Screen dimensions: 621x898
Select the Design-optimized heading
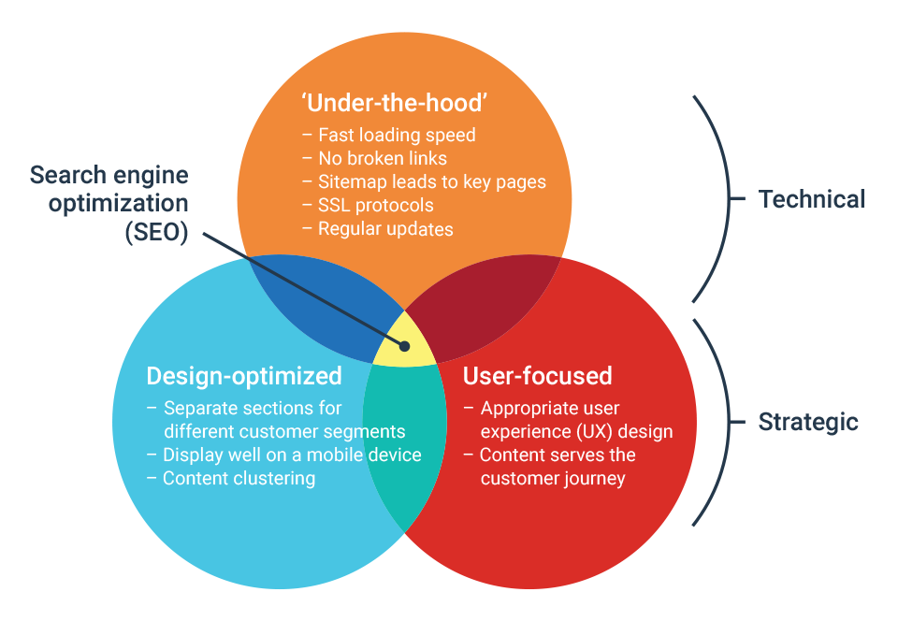coord(244,376)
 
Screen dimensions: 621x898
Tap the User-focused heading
coord(538,376)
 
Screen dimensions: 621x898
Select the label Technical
coord(811,199)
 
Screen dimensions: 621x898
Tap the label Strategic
coord(807,422)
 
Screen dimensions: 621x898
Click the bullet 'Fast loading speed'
coord(397,135)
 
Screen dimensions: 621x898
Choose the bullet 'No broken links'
coord(383,158)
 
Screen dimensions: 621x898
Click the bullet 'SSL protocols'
coord(375,205)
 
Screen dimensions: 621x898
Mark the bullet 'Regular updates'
coord(385,228)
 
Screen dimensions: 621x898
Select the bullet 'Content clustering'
coord(239,478)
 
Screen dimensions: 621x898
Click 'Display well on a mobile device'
coord(292,455)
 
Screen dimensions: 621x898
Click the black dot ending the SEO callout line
coord(405,346)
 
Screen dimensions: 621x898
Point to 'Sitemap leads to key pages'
coord(431,181)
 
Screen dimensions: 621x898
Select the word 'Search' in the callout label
coord(65,175)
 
